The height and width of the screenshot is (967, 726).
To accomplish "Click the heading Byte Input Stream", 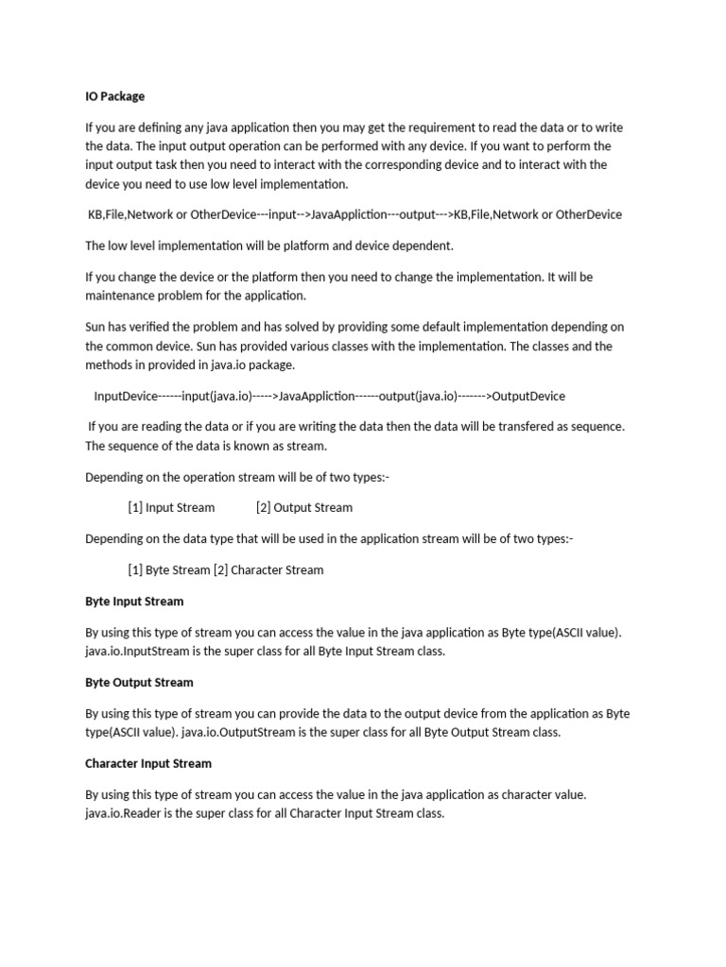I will click(134, 601).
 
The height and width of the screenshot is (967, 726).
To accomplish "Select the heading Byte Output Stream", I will click(139, 682).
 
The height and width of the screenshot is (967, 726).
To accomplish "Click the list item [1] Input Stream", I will click(171, 507).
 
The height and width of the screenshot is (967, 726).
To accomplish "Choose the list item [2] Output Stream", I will click(303, 507).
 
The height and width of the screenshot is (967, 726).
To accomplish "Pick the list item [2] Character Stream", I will click(268, 569).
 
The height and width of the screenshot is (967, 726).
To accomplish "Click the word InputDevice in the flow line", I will click(126, 396).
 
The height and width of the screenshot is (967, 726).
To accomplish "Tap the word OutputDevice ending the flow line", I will click(528, 396).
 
